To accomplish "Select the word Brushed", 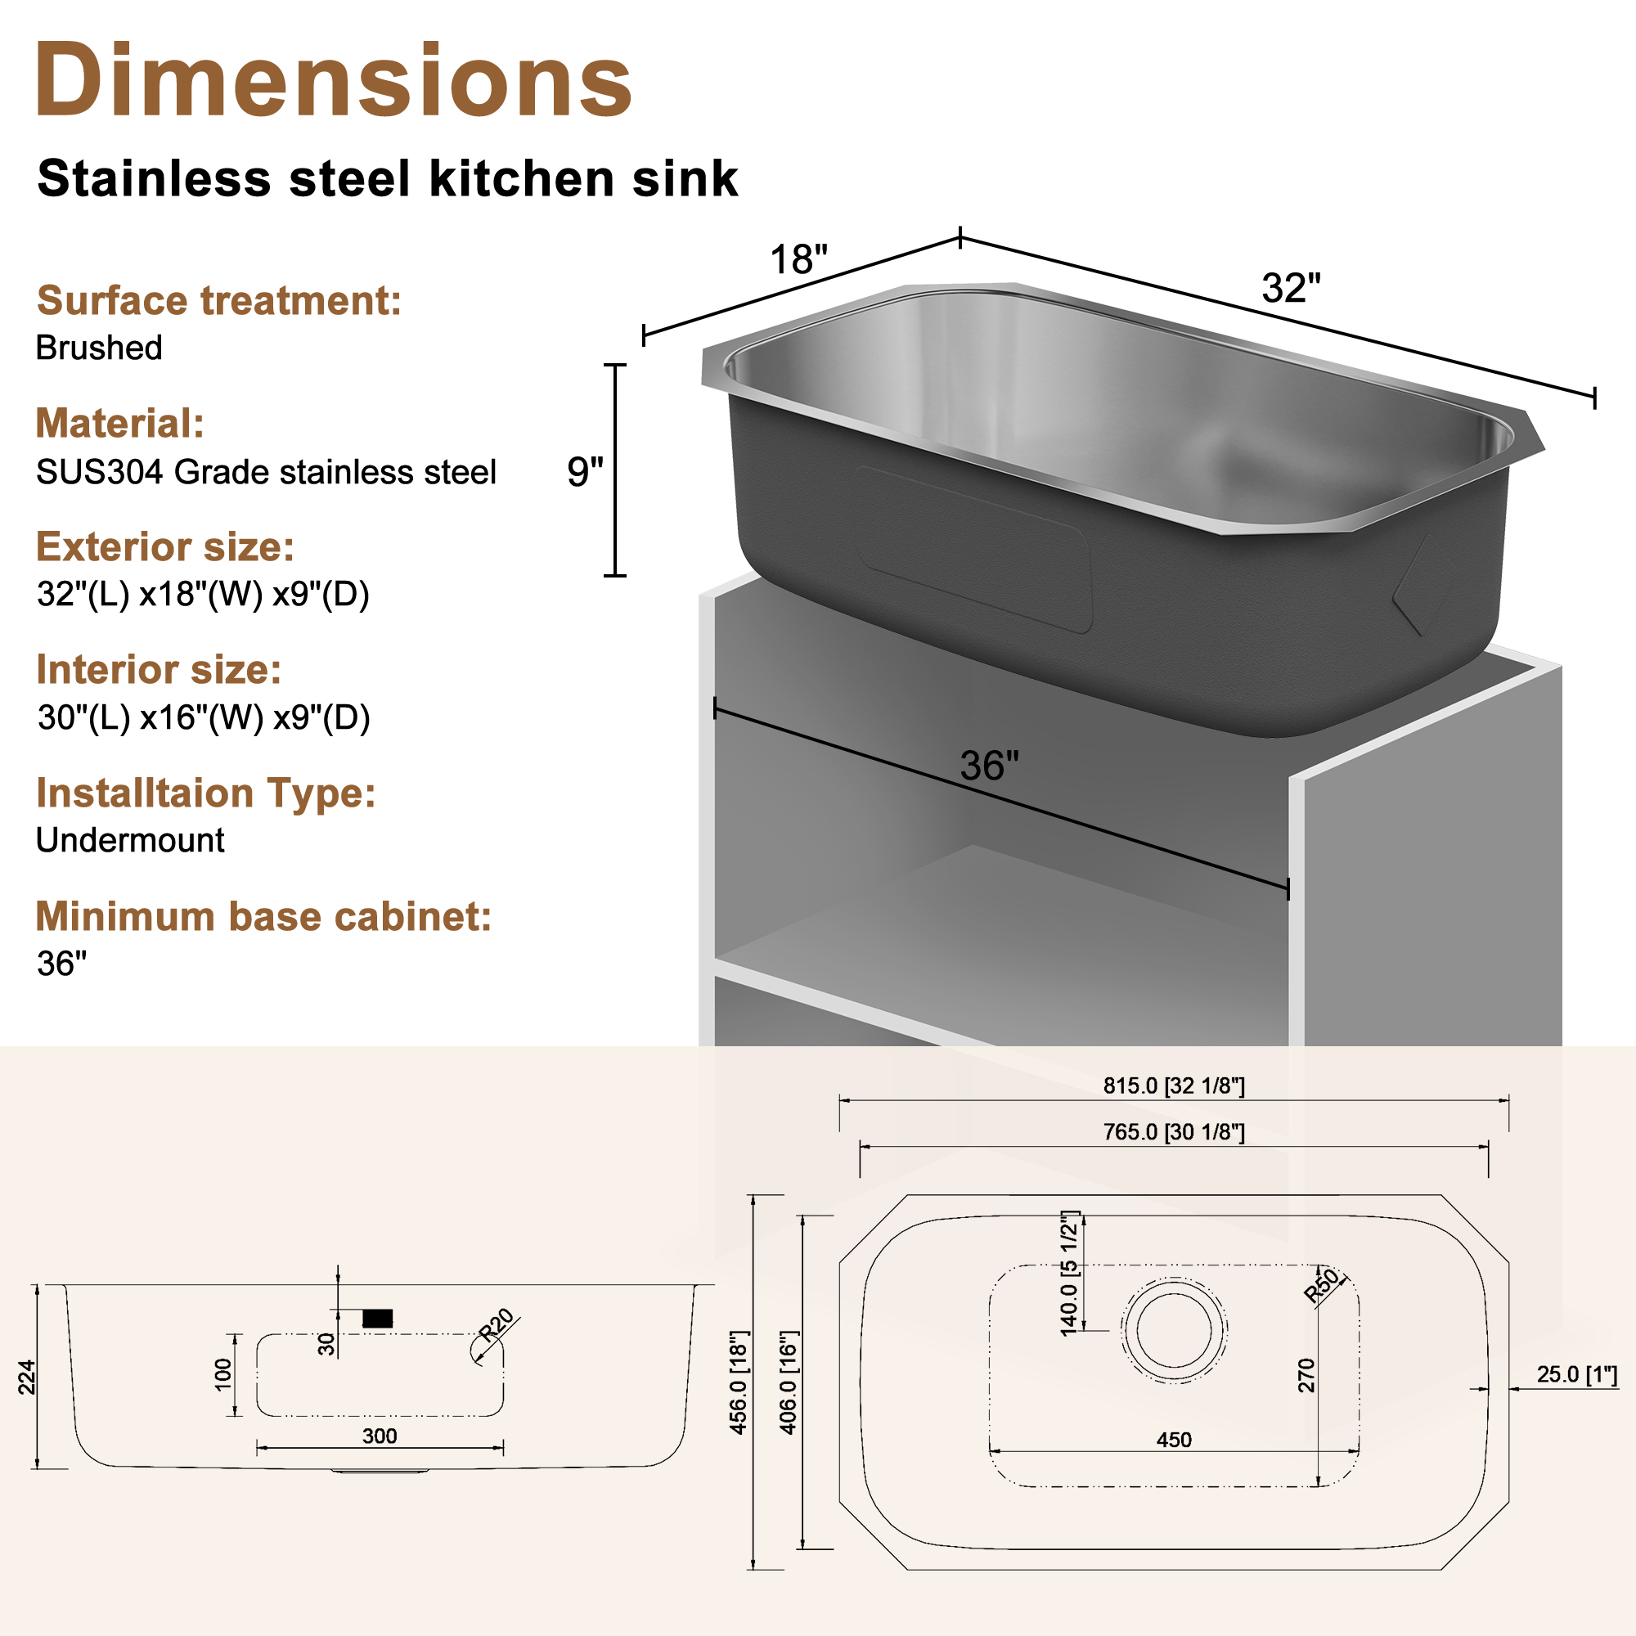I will (99, 348).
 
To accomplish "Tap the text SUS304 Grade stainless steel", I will (266, 473).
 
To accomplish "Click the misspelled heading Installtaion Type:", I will (205, 793).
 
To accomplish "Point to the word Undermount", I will (129, 840).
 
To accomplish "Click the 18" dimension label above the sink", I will (798, 260).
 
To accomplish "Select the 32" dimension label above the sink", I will (1291, 288).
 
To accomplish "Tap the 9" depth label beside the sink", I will (585, 472).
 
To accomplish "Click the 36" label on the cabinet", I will (989, 766).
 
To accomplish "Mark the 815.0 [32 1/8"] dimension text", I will (1174, 1085).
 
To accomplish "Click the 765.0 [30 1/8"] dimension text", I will (1174, 1132).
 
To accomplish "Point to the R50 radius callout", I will (1322, 1285).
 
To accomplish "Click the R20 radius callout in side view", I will (497, 1325).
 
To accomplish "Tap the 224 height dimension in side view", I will (27, 1377).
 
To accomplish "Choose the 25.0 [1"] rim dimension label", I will (1577, 1374).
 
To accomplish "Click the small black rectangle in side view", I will (377, 1319).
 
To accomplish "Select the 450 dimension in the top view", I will (1174, 1440).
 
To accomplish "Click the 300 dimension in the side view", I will (380, 1436).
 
